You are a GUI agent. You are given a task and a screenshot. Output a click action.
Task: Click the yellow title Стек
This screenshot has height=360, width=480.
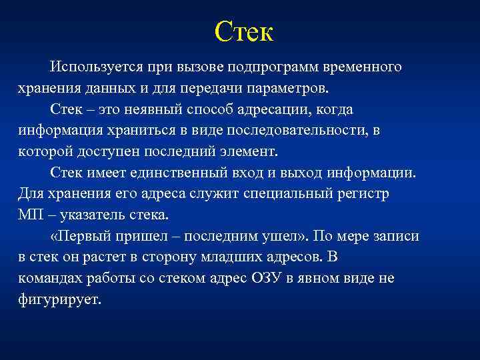(244, 31)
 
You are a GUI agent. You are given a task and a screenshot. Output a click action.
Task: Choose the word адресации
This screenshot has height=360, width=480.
(279, 109)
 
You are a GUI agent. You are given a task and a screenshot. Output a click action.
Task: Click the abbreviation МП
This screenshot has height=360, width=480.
(31, 215)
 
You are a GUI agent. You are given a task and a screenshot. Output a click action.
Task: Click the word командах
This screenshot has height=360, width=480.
(48, 278)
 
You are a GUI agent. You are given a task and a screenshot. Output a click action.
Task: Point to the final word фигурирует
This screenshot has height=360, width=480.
(59, 299)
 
